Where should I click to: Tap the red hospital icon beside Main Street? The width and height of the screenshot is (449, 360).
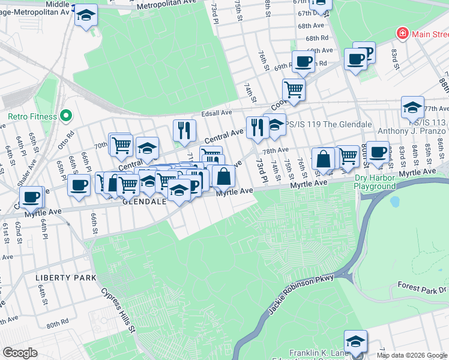pyautogui.click(x=403, y=34)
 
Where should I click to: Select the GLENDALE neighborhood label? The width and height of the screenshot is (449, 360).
pyautogui.click(x=144, y=202)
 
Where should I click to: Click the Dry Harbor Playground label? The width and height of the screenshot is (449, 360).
pyautogui.click(x=384, y=182)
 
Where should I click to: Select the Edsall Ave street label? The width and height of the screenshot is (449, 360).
pyautogui.click(x=217, y=113)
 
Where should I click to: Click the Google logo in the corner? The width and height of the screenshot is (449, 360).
pyautogui.click(x=20, y=353)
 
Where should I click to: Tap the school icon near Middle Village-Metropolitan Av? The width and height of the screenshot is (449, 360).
pyautogui.click(x=86, y=15)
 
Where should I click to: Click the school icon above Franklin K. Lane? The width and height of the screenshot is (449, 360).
pyautogui.click(x=355, y=340)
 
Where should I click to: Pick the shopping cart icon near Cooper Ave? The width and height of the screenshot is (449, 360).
pyautogui.click(x=294, y=89)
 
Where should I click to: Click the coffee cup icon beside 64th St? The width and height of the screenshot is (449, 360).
pyautogui.click(x=31, y=196)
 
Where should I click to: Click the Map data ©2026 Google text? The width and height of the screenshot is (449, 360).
pyautogui.click(x=412, y=355)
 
